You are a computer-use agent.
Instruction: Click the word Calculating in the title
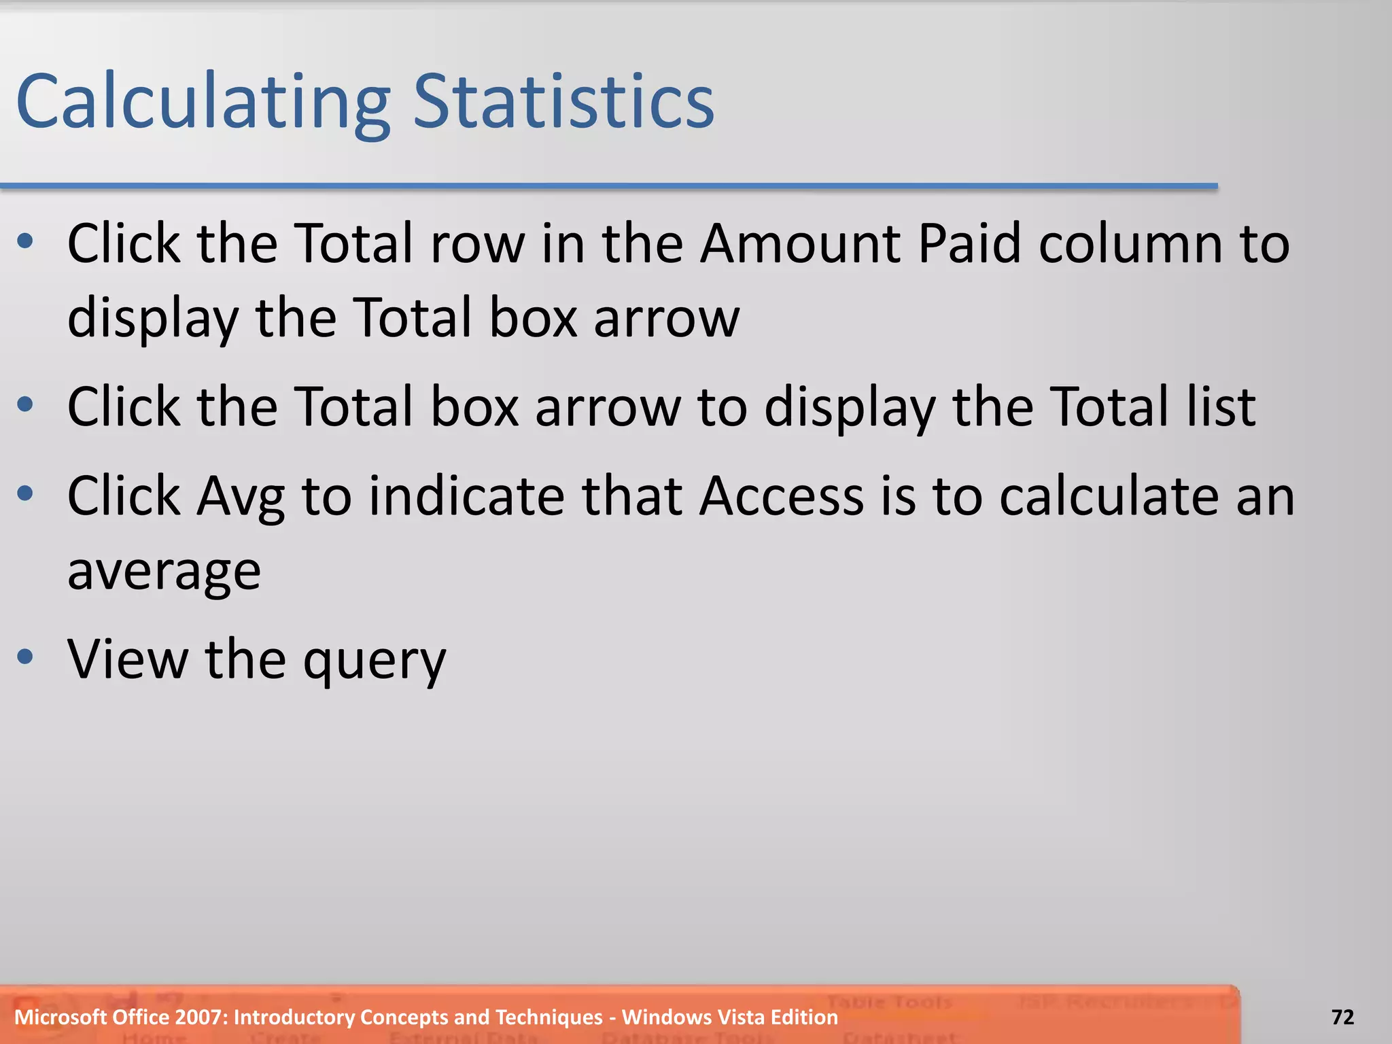(203, 102)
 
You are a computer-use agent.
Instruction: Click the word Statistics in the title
(563, 102)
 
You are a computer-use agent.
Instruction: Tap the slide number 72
(1342, 1017)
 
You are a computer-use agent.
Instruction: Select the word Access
(782, 496)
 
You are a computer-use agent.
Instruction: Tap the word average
(164, 571)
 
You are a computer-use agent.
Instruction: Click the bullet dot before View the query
(25, 657)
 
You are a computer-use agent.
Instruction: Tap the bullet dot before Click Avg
(25, 493)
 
